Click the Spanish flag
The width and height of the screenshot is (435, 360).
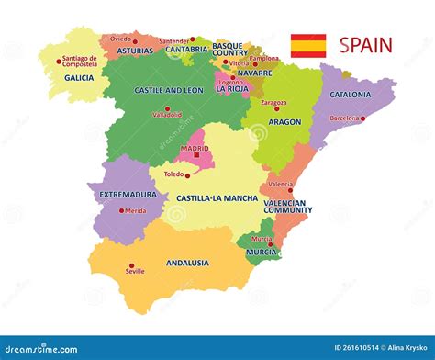click(x=308, y=46)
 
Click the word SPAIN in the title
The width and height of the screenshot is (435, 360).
click(x=365, y=45)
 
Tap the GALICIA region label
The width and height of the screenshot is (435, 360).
click(x=80, y=78)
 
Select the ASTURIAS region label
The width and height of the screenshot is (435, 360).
click(x=135, y=51)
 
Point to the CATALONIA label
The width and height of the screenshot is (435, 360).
click(x=350, y=95)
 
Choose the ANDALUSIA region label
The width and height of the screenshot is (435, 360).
click(x=187, y=263)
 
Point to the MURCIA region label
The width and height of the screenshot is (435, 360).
click(x=262, y=251)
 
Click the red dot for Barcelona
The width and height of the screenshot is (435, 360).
click(x=363, y=118)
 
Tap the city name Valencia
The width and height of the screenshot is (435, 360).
click(x=281, y=184)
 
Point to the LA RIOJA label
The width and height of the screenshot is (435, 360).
click(x=232, y=89)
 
